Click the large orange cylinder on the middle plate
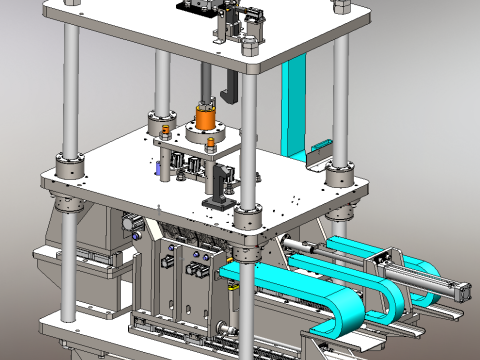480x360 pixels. click(x=206, y=118)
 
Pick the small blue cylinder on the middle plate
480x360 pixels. click(x=157, y=170)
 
